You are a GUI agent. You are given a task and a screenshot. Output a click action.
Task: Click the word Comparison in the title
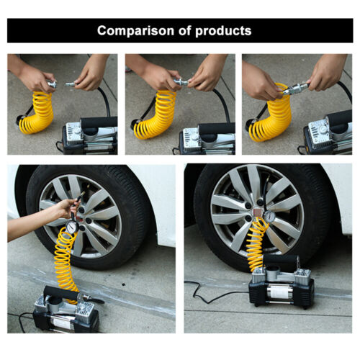pos(132,31)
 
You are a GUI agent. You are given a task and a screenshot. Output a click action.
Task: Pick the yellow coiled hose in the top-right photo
pos(271,115)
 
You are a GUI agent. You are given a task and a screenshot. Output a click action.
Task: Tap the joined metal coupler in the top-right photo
pos(295,89)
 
